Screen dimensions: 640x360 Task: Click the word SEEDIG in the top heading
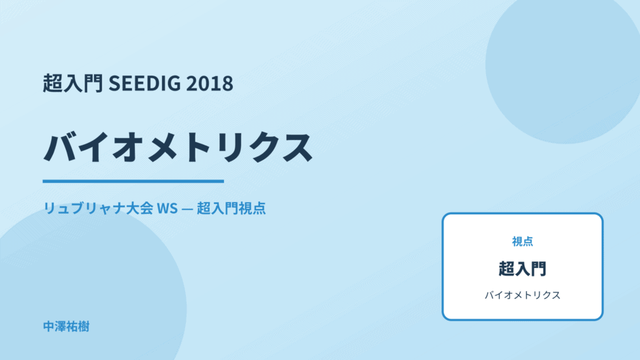[x=144, y=83]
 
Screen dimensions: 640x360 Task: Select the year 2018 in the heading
[x=210, y=83]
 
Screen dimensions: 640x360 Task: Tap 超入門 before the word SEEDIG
[x=73, y=83]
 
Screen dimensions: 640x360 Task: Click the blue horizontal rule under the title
[x=133, y=181]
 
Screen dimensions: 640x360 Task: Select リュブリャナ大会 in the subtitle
[x=98, y=208]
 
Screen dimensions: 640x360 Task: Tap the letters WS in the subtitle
[x=167, y=208]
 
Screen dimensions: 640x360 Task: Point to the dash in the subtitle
[x=187, y=208]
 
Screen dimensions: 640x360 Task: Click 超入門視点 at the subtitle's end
[x=231, y=208]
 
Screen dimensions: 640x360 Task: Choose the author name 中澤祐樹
[x=66, y=327]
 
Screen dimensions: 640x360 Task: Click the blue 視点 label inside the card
[x=522, y=242]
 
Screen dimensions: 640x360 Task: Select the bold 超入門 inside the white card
[x=522, y=269]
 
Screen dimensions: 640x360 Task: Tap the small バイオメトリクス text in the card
[x=522, y=295]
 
